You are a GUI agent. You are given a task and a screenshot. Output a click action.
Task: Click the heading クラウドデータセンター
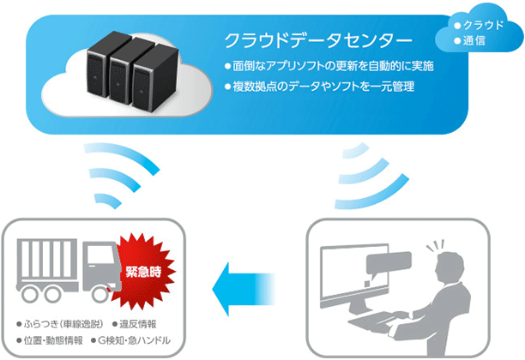[x=317, y=40]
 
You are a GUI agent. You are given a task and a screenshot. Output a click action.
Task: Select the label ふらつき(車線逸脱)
[x=63, y=327]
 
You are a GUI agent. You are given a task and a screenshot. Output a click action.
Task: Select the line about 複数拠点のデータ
[x=322, y=86]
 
